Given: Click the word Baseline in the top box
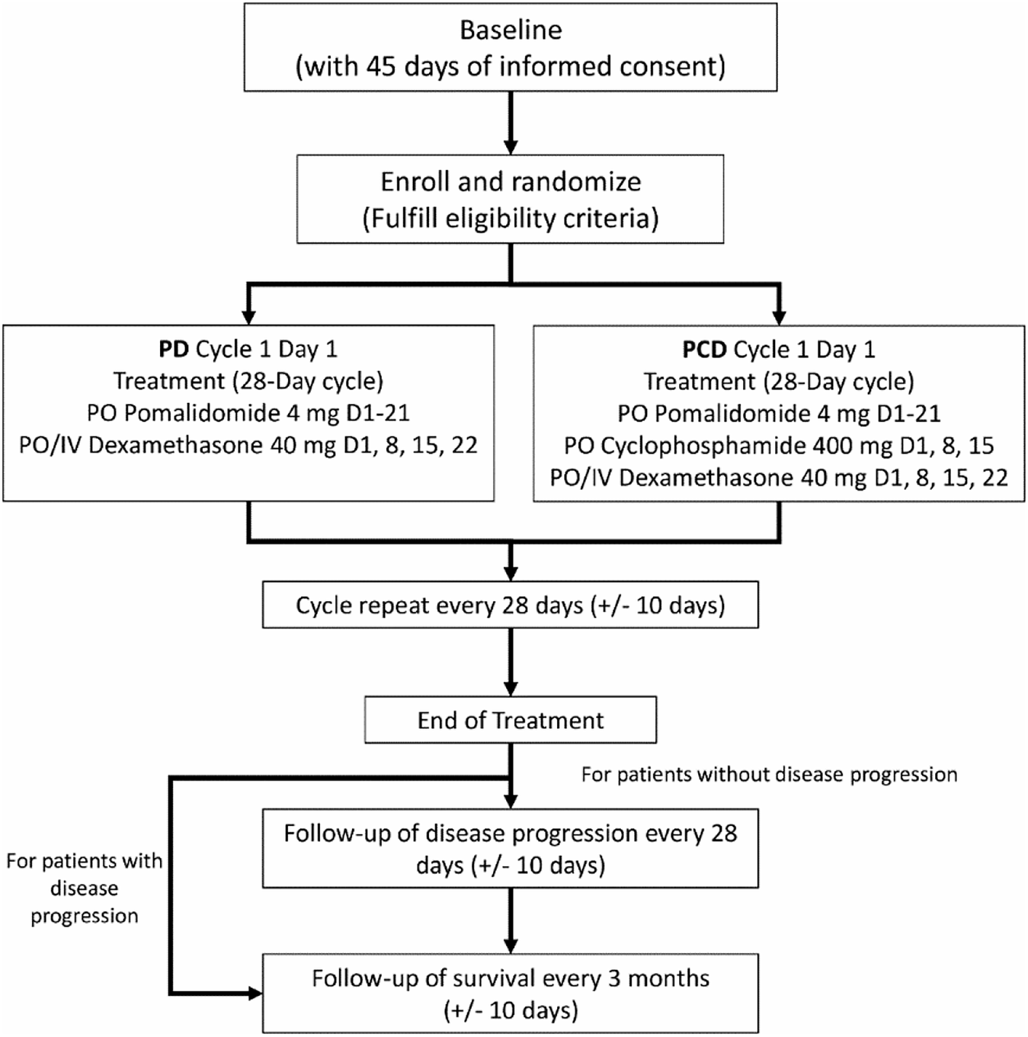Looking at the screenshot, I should click(x=511, y=30).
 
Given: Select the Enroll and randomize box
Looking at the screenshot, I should click(x=511, y=200).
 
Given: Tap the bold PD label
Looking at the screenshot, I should click(x=174, y=349).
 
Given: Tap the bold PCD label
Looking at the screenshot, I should click(x=704, y=350).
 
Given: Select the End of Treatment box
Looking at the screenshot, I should click(x=511, y=720).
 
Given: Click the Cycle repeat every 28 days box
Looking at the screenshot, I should click(x=511, y=605).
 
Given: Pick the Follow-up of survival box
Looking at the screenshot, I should click(x=511, y=994).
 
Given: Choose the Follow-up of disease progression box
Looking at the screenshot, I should click(x=511, y=849).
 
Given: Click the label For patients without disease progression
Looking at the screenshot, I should click(x=769, y=775).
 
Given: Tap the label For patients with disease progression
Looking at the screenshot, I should click(x=84, y=888).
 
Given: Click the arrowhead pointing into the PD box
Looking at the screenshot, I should click(x=248, y=316).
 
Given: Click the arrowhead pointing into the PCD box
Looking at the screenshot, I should click(x=779, y=316).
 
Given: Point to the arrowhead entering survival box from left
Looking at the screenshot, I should click(x=253, y=994).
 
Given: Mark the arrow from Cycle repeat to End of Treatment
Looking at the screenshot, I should click(x=511, y=661).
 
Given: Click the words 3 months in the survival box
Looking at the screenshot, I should click(x=658, y=978).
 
